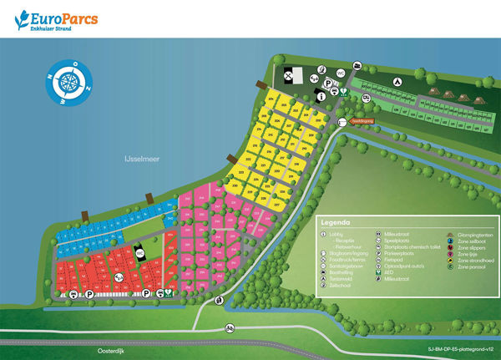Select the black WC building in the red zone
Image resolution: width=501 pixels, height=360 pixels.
point(141,253)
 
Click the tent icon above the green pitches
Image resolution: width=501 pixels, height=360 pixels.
point(398,81)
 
